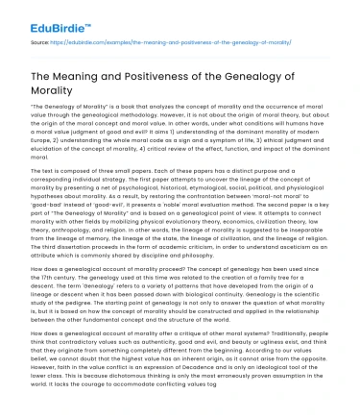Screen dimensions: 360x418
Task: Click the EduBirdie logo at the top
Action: coord(40,12)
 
